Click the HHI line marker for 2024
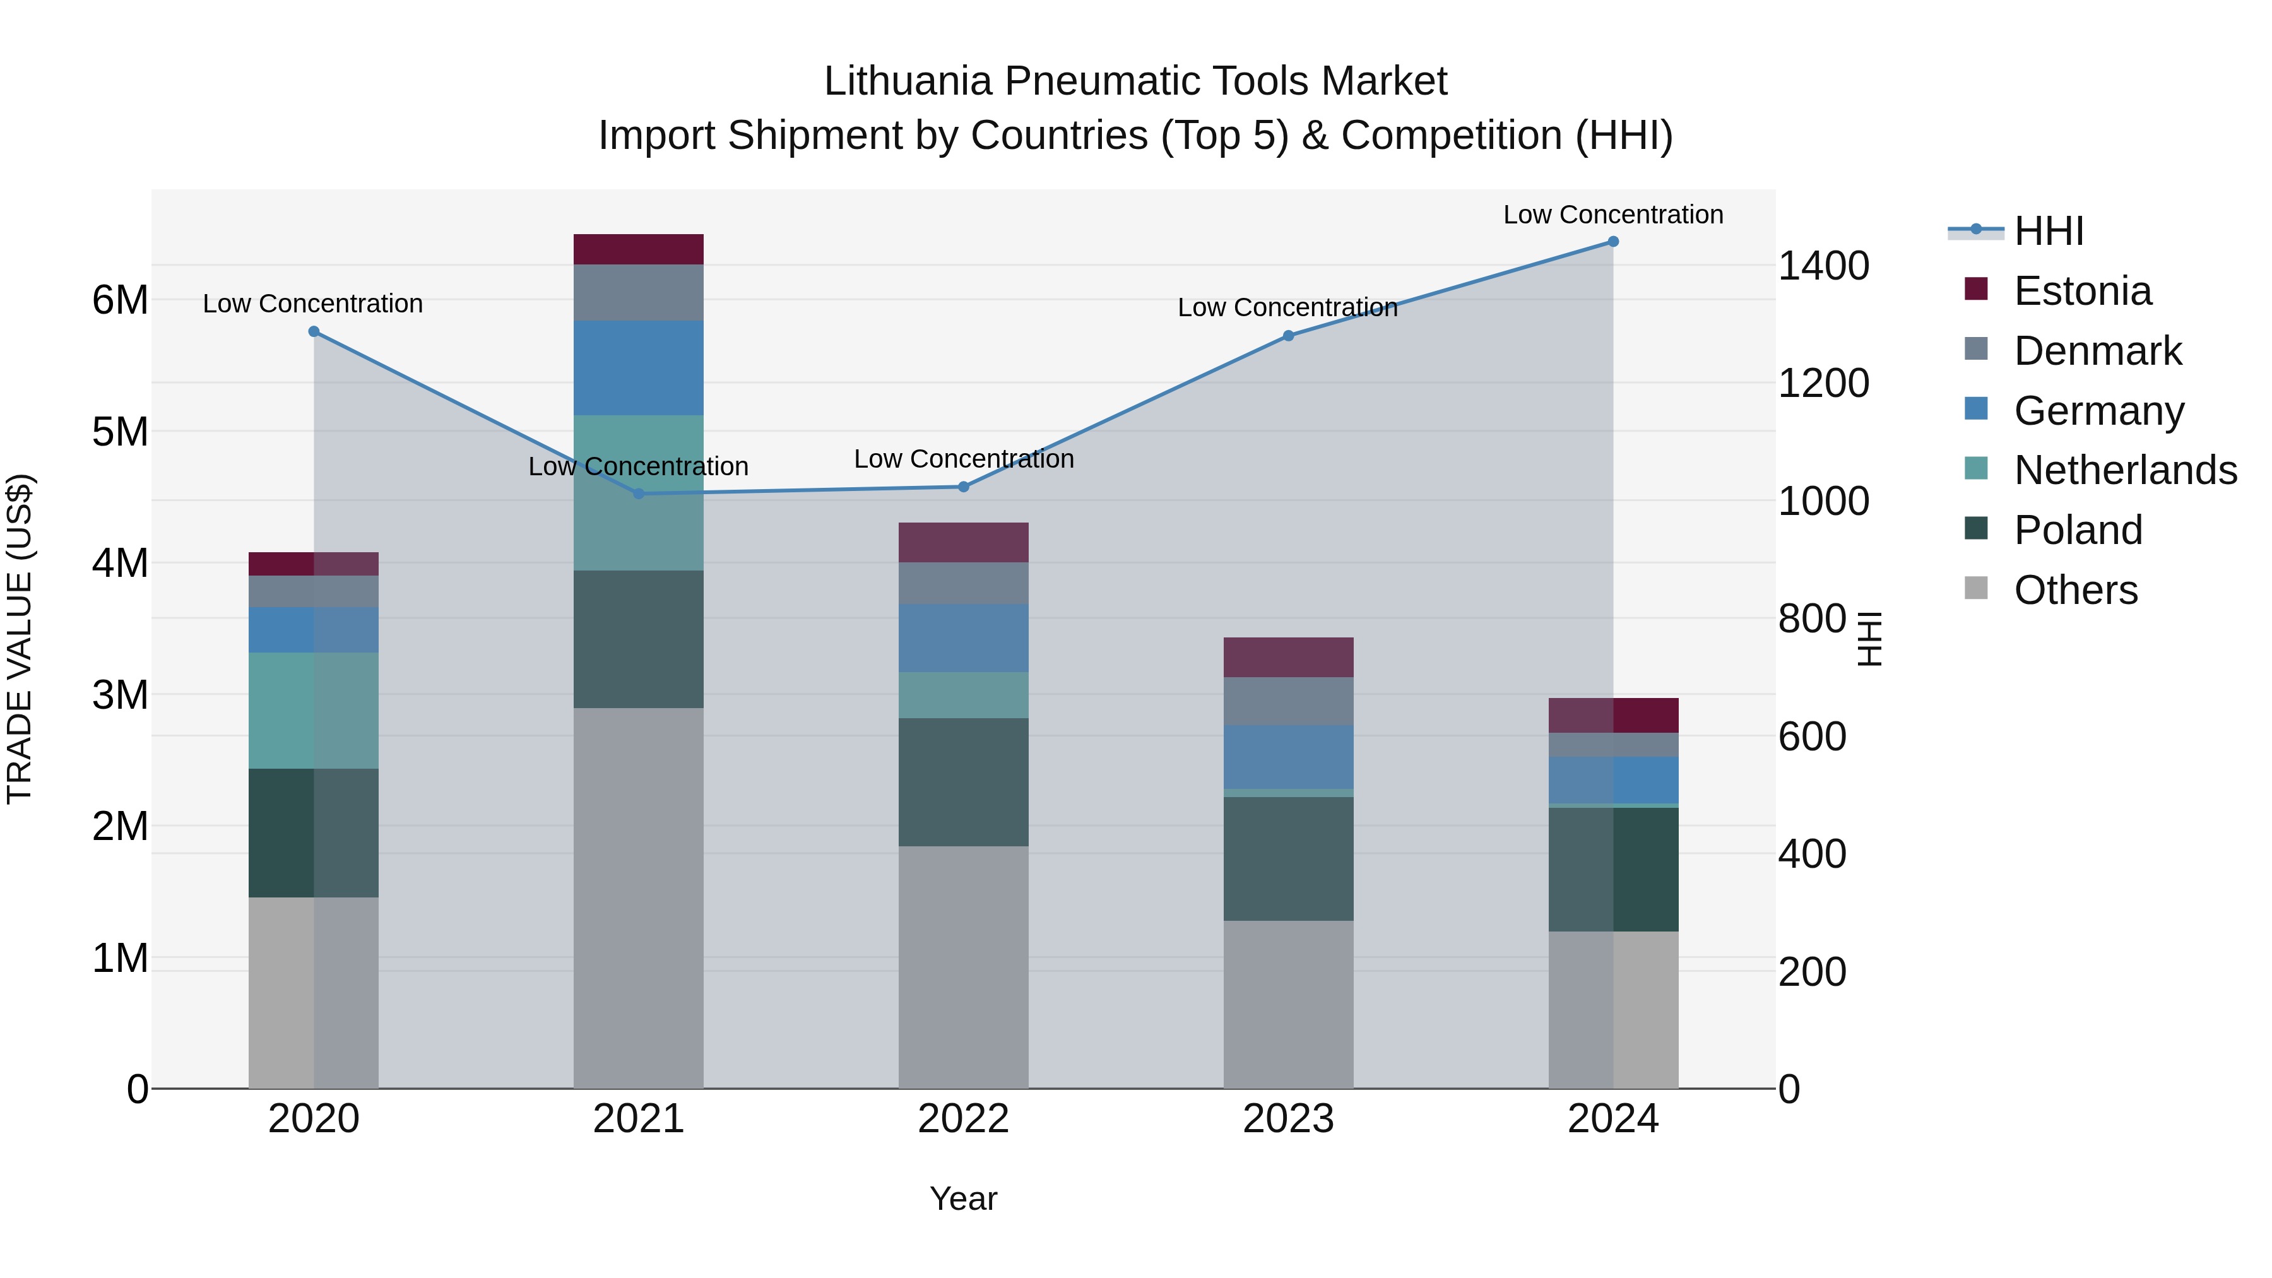pyautogui.click(x=1613, y=242)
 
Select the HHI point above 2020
pyautogui.click(x=314, y=331)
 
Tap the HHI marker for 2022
pyautogui.click(x=963, y=487)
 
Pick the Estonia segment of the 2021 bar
pyautogui.click(x=639, y=249)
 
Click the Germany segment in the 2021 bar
pyautogui.click(x=639, y=368)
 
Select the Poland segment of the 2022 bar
pyautogui.click(x=963, y=783)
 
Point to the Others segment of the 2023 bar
pyautogui.click(x=1287, y=1005)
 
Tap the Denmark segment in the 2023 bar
pyautogui.click(x=1287, y=701)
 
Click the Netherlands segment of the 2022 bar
pyautogui.click(x=963, y=695)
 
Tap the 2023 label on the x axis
pyautogui.click(x=1287, y=1119)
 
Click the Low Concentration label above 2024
pyautogui.click(x=1612, y=215)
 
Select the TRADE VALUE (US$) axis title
pyautogui.click(x=20, y=639)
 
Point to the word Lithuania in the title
pyautogui.click(x=908, y=82)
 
